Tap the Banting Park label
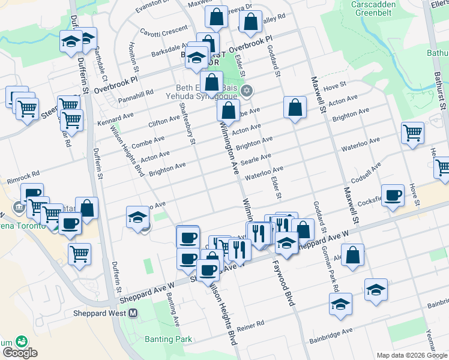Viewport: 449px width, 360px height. coord(168,339)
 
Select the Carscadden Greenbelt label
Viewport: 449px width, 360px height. coord(376,8)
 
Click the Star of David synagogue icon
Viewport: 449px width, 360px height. coord(246,91)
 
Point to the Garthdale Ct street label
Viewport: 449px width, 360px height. coord(100,64)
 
